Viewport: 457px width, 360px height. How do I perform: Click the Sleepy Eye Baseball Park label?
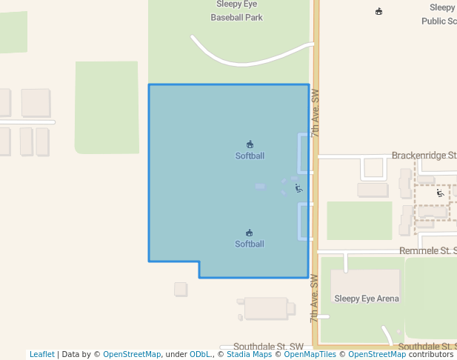coord(236,10)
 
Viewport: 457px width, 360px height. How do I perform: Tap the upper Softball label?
coord(250,156)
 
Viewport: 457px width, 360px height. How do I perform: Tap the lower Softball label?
coord(250,244)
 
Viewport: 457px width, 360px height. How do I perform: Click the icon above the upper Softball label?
coord(250,144)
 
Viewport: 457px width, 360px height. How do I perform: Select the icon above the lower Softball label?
coord(250,233)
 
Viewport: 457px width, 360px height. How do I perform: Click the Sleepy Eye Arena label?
coord(366,299)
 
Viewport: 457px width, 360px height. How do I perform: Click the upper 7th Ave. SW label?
coord(315,113)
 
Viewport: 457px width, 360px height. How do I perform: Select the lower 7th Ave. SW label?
coord(315,299)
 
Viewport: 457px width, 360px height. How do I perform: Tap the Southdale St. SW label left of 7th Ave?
coord(268,347)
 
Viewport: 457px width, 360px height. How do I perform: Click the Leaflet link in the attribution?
coord(41,355)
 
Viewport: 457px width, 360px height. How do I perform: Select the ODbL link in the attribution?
coord(200,355)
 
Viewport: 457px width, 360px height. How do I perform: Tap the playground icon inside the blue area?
coord(298,188)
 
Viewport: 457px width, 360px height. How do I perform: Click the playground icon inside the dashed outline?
coord(440,193)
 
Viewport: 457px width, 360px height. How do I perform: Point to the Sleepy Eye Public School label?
coord(441,14)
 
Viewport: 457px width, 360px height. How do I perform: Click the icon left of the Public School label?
coord(379,11)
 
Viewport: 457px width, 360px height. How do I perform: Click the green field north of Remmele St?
coord(359,221)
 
